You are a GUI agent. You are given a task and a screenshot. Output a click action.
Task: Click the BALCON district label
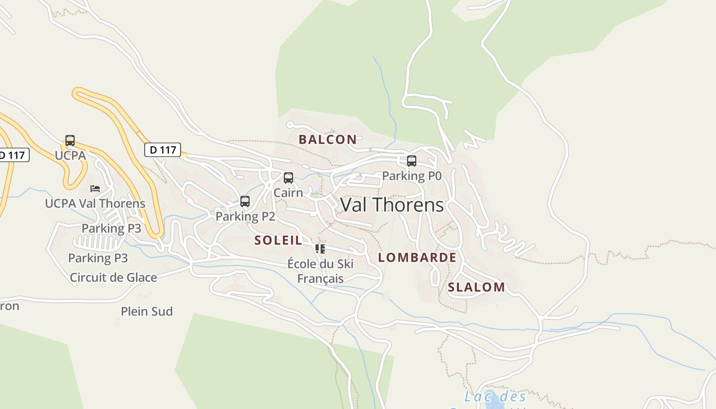tap(328, 139)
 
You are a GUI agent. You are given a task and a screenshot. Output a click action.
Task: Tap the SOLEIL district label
tap(278, 240)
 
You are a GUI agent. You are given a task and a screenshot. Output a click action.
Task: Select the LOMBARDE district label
tap(417, 258)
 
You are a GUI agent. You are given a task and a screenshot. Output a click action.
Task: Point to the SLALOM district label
tap(476, 287)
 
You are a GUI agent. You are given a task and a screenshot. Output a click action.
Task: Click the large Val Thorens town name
tap(392, 205)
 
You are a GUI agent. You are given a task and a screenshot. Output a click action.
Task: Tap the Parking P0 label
tap(412, 176)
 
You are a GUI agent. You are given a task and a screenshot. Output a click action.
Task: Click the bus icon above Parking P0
tap(412, 161)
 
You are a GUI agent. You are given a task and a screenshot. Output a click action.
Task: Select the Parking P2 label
tap(245, 216)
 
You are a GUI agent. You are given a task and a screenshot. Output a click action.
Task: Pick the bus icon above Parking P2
tap(245, 201)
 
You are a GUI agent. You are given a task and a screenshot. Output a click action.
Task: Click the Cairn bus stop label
tap(288, 193)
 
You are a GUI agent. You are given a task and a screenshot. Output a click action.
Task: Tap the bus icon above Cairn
tap(288, 178)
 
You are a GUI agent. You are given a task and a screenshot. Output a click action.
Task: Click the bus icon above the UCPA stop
tap(70, 141)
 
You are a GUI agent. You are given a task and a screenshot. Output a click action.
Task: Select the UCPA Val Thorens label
tap(95, 203)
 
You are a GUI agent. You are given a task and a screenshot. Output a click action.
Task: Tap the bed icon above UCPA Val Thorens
tap(95, 189)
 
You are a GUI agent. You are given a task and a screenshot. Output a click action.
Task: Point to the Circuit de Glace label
tap(114, 278)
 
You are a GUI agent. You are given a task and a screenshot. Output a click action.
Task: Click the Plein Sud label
tap(147, 311)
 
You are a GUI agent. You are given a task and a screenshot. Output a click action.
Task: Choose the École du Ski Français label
tap(320, 271)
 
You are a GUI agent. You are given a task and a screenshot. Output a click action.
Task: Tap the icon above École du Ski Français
tap(320, 249)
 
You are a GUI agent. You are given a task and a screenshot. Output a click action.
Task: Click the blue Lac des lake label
tap(495, 397)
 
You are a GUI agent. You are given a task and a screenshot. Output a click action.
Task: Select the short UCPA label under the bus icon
tap(70, 155)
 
